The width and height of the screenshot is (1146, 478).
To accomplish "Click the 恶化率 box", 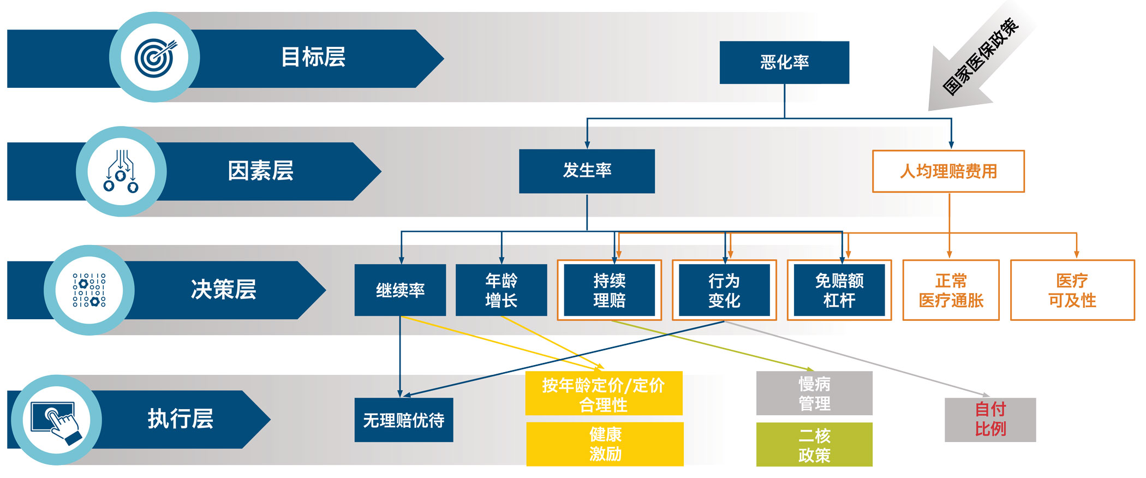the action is pyautogui.click(x=784, y=62).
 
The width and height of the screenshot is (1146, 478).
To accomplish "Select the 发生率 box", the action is pyautogui.click(x=587, y=171).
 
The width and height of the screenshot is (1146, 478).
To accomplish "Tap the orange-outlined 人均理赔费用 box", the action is pyautogui.click(x=948, y=171).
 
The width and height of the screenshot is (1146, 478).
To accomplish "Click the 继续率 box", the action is pyautogui.click(x=400, y=290).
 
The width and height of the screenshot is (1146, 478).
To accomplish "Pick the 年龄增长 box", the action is pyautogui.click(x=501, y=290).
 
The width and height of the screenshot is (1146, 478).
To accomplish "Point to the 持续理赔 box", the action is pyautogui.click(x=609, y=290).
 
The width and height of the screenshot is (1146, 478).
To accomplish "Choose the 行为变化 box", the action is pyautogui.click(x=724, y=290).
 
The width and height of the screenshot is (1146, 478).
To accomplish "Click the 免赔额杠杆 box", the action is pyautogui.click(x=839, y=290).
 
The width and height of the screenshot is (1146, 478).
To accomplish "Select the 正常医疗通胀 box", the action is pyautogui.click(x=951, y=290).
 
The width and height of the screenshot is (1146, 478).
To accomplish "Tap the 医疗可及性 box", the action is pyautogui.click(x=1072, y=290).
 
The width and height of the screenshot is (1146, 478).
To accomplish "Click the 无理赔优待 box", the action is pyautogui.click(x=404, y=420).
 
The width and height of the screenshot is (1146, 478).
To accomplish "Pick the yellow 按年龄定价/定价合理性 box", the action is pyautogui.click(x=604, y=393).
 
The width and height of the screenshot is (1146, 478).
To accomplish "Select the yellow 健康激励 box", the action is pyautogui.click(x=605, y=444).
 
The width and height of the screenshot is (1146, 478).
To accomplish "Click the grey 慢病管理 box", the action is pyautogui.click(x=814, y=393).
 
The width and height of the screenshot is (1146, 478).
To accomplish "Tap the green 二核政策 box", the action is pyautogui.click(x=814, y=445).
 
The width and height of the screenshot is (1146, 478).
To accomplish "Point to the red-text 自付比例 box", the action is pyautogui.click(x=990, y=420).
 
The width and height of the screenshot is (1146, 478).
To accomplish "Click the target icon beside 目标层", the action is pyautogui.click(x=155, y=57).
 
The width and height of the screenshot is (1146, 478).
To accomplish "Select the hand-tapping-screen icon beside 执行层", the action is pyautogui.click(x=56, y=420).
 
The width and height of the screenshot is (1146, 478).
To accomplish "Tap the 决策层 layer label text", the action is pyautogui.click(x=223, y=290).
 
